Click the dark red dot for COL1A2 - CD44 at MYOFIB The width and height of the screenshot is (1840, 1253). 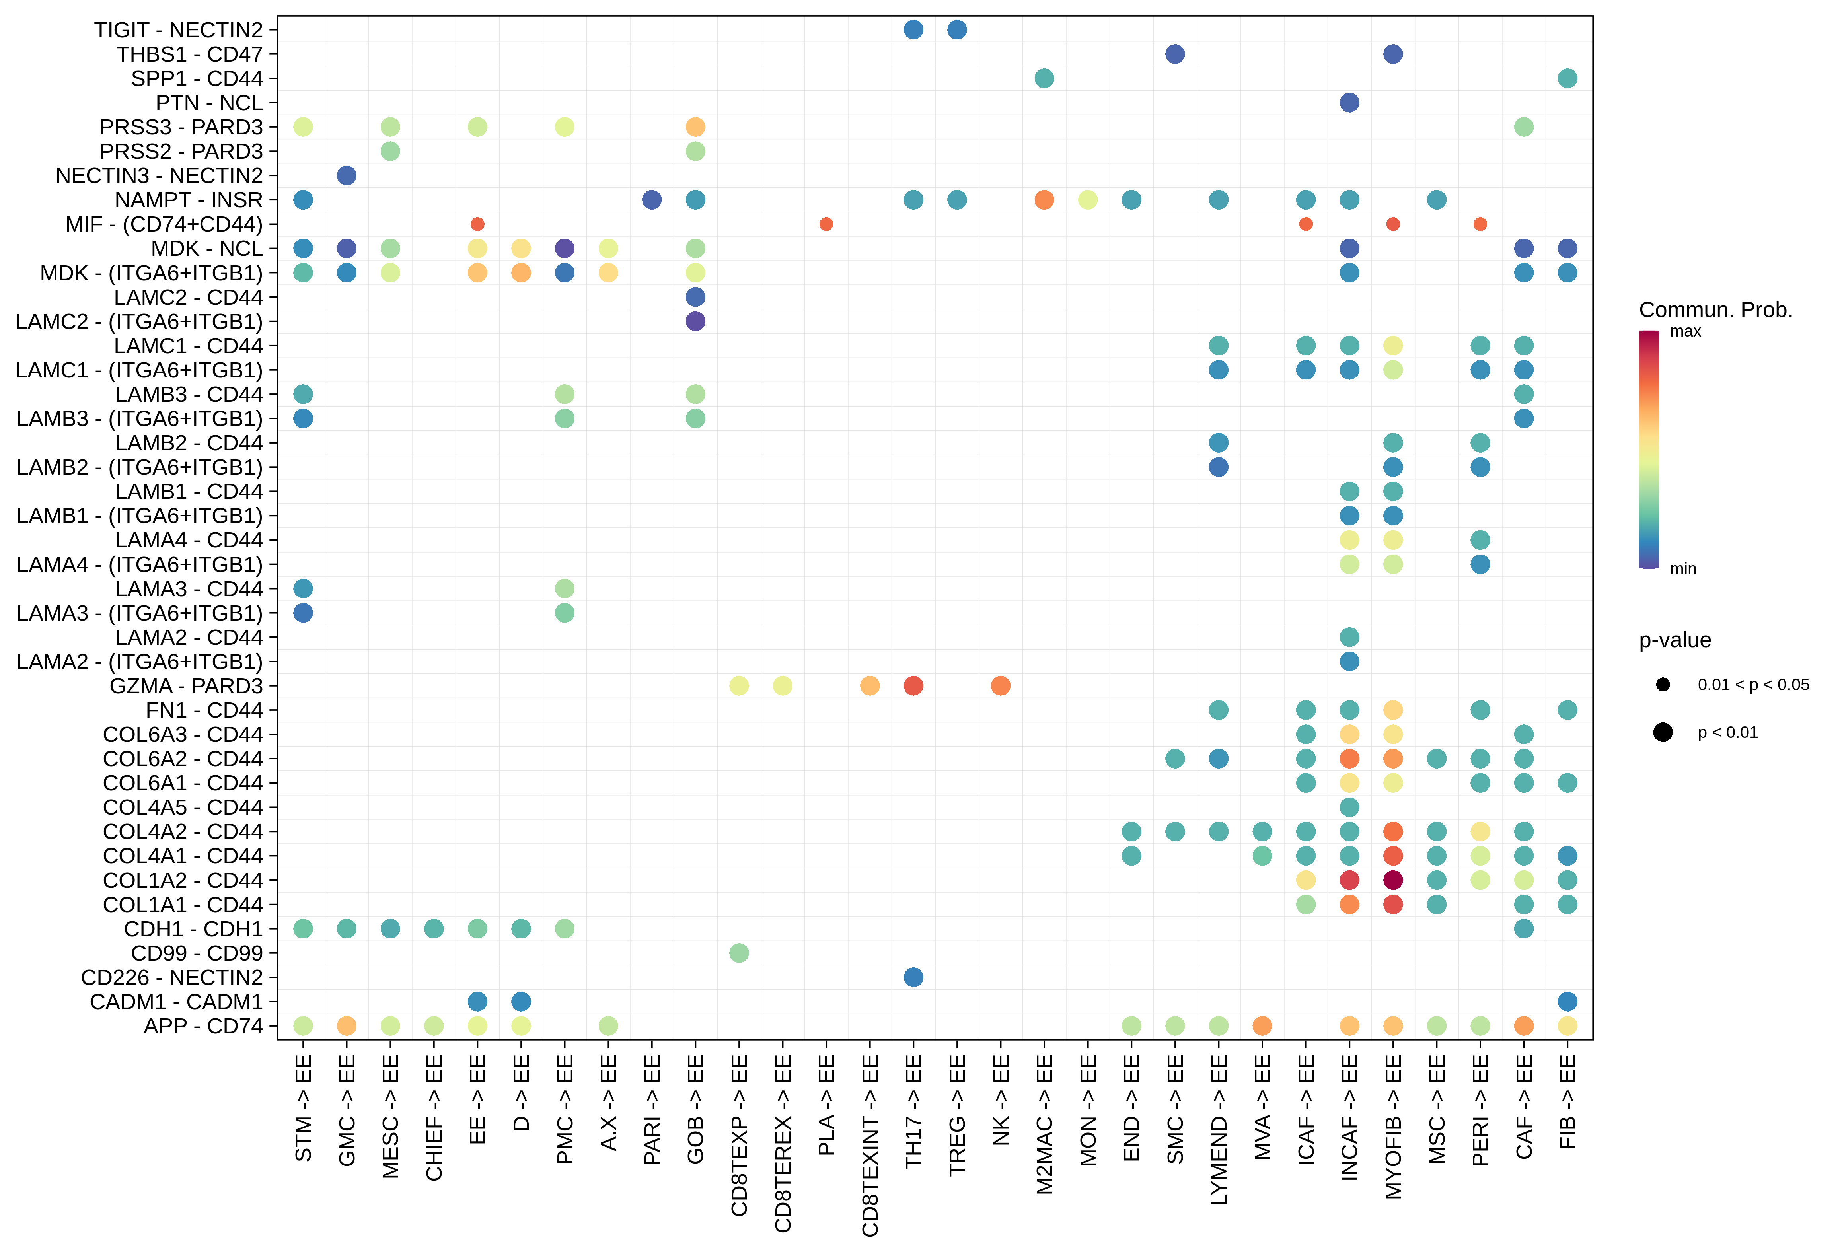click(x=1393, y=879)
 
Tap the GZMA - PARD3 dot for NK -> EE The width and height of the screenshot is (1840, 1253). click(x=1000, y=685)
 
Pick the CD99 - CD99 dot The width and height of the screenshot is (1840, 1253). click(x=739, y=952)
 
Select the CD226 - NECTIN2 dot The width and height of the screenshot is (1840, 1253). click(x=913, y=977)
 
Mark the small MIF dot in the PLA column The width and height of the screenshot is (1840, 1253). click(x=826, y=224)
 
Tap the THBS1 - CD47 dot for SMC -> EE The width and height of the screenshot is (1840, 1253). click(x=1175, y=54)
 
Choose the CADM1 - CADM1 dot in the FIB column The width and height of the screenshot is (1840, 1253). click(x=1567, y=1001)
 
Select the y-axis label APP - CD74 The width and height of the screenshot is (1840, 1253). click(x=202, y=1026)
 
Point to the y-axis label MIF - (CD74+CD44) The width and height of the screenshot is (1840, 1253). click(x=164, y=224)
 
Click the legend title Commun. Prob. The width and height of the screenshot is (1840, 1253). click(x=1715, y=309)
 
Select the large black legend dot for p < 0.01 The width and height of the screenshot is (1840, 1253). click(x=1663, y=732)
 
